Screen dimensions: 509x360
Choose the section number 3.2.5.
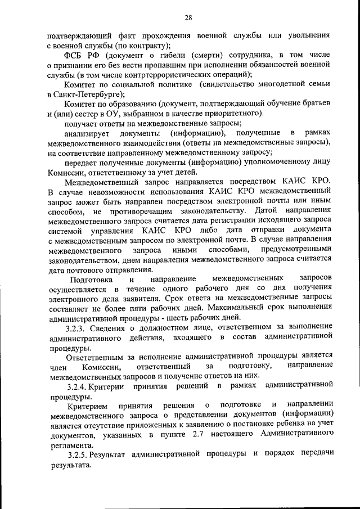point(77,454)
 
